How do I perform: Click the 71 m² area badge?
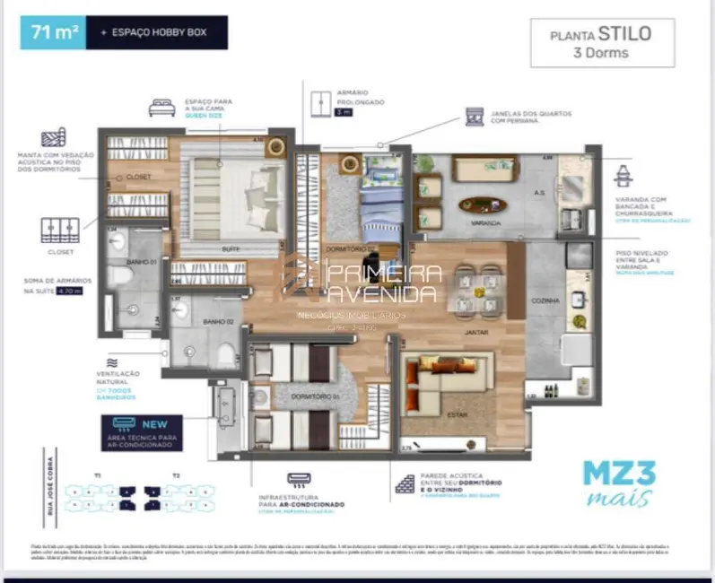pyautogui.click(x=55, y=32)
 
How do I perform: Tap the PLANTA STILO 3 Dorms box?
pyautogui.click(x=601, y=43)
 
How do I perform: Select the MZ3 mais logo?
pyautogui.click(x=618, y=483)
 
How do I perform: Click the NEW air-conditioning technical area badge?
pyautogui.click(x=142, y=432)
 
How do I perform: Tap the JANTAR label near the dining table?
pyautogui.click(x=475, y=332)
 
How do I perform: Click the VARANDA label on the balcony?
pyautogui.click(x=485, y=222)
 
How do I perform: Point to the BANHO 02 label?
pyautogui.click(x=217, y=321)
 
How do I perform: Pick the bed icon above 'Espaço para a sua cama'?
pyautogui.click(x=161, y=108)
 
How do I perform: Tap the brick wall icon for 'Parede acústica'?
pyautogui.click(x=405, y=484)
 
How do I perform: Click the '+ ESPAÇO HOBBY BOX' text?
pyautogui.click(x=153, y=32)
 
